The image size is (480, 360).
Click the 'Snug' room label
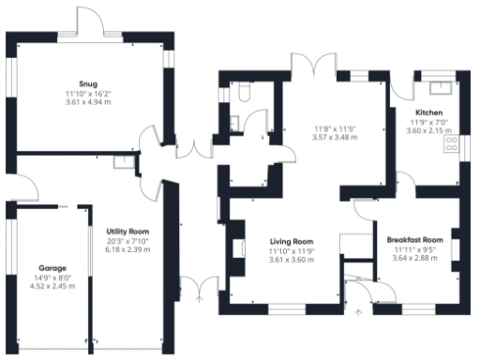tap(88, 82)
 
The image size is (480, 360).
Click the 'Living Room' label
tap(291, 241)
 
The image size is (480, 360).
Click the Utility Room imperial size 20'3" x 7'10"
tap(121, 240)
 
